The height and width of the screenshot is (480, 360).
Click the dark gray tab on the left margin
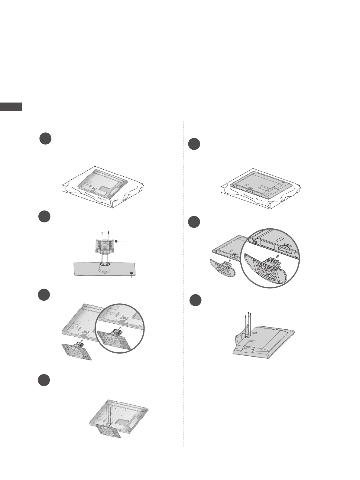click(11, 107)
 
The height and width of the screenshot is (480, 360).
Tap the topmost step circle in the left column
click(45, 138)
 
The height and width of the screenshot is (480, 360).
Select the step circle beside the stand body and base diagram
click(45, 217)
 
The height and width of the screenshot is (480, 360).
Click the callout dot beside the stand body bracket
click(116, 241)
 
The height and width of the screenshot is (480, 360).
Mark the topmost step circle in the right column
click(194, 144)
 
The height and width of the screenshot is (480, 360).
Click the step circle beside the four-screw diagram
click(195, 300)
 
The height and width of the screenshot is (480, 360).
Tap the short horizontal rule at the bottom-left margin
click(11, 446)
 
